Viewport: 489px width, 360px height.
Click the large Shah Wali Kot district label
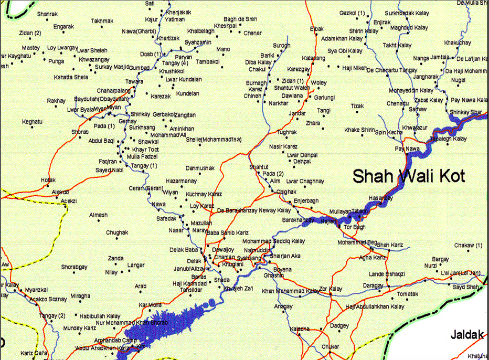pyautogui.click(x=408, y=176)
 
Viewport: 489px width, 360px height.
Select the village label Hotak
pyautogui.click(x=48, y=180)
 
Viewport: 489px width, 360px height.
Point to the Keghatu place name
pyautogui.click(x=31, y=122)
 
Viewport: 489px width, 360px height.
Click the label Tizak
pyautogui.click(x=357, y=106)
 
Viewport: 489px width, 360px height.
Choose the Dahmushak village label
pyautogui.click(x=200, y=168)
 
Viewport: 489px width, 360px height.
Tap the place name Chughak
pyautogui.click(x=116, y=232)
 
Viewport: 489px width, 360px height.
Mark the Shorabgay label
pyautogui.click(x=74, y=267)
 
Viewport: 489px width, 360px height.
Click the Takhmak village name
pyautogui.click(x=102, y=21)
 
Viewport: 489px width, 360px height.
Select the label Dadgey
pyautogui.click(x=339, y=326)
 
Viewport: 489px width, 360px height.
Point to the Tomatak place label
pyautogui.click(x=407, y=294)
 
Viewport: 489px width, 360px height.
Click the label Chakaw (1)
pyautogui.click(x=467, y=245)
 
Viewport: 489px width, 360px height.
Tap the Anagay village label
pyautogui.click(x=283, y=306)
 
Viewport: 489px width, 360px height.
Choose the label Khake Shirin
pyautogui.click(x=360, y=130)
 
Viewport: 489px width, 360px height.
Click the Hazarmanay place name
pyautogui.click(x=181, y=181)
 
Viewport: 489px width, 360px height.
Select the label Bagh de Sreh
pyautogui.click(x=240, y=19)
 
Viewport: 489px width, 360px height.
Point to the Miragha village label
pyautogui.click(x=80, y=297)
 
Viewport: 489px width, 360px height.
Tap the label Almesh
pyautogui.click(x=98, y=215)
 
